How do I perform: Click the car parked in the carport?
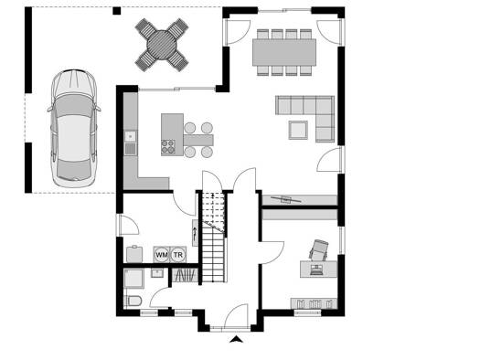[x=73, y=129]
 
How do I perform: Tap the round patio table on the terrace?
[x=162, y=45]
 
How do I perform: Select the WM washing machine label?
[x=161, y=255]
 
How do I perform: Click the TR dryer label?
[x=178, y=255]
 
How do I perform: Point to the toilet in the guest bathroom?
[x=133, y=301]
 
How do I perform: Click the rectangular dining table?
[x=284, y=52]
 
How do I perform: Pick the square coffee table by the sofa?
[x=298, y=130]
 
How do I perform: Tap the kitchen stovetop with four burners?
[x=168, y=146]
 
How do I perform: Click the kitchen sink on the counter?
[x=131, y=136]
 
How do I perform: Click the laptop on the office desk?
[x=316, y=270]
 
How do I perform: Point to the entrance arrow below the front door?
[x=236, y=339]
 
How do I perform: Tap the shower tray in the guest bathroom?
[x=133, y=279]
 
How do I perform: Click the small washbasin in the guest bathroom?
[x=157, y=273]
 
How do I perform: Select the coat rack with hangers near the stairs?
[x=185, y=275]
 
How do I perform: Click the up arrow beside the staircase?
[x=195, y=233]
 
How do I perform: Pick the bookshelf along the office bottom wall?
[x=314, y=303]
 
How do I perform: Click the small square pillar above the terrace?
[x=117, y=11]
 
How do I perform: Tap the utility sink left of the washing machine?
[x=134, y=254]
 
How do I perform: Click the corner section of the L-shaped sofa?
[x=325, y=105]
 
